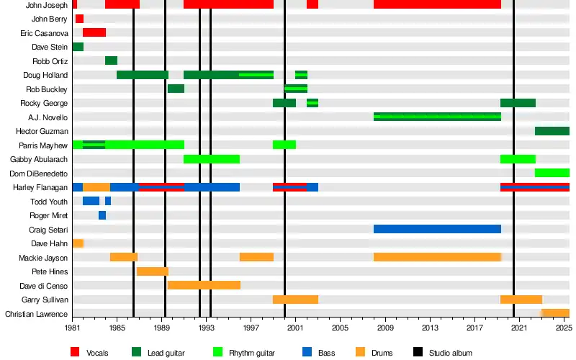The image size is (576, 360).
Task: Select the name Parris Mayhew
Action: coord(44,145)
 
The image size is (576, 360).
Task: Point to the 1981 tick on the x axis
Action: coord(72,328)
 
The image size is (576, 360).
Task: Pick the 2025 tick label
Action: coord(564,328)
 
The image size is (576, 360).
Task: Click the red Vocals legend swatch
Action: coord(75,352)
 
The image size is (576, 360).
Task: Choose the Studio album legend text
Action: coord(451,353)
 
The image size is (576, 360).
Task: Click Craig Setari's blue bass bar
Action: coord(437,230)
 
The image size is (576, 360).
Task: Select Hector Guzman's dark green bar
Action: coord(552,131)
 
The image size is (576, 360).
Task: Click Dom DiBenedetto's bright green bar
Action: coord(552,174)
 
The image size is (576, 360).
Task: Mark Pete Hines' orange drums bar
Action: coord(152,271)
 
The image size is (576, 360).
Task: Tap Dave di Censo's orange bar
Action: coord(204,286)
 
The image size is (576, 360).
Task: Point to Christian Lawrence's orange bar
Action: coord(555,314)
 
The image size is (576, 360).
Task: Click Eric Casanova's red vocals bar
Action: coord(94,33)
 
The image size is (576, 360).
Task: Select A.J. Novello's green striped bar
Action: coord(437,117)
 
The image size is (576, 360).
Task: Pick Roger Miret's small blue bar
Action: coord(102,215)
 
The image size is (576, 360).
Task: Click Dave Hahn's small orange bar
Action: coord(78,243)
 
